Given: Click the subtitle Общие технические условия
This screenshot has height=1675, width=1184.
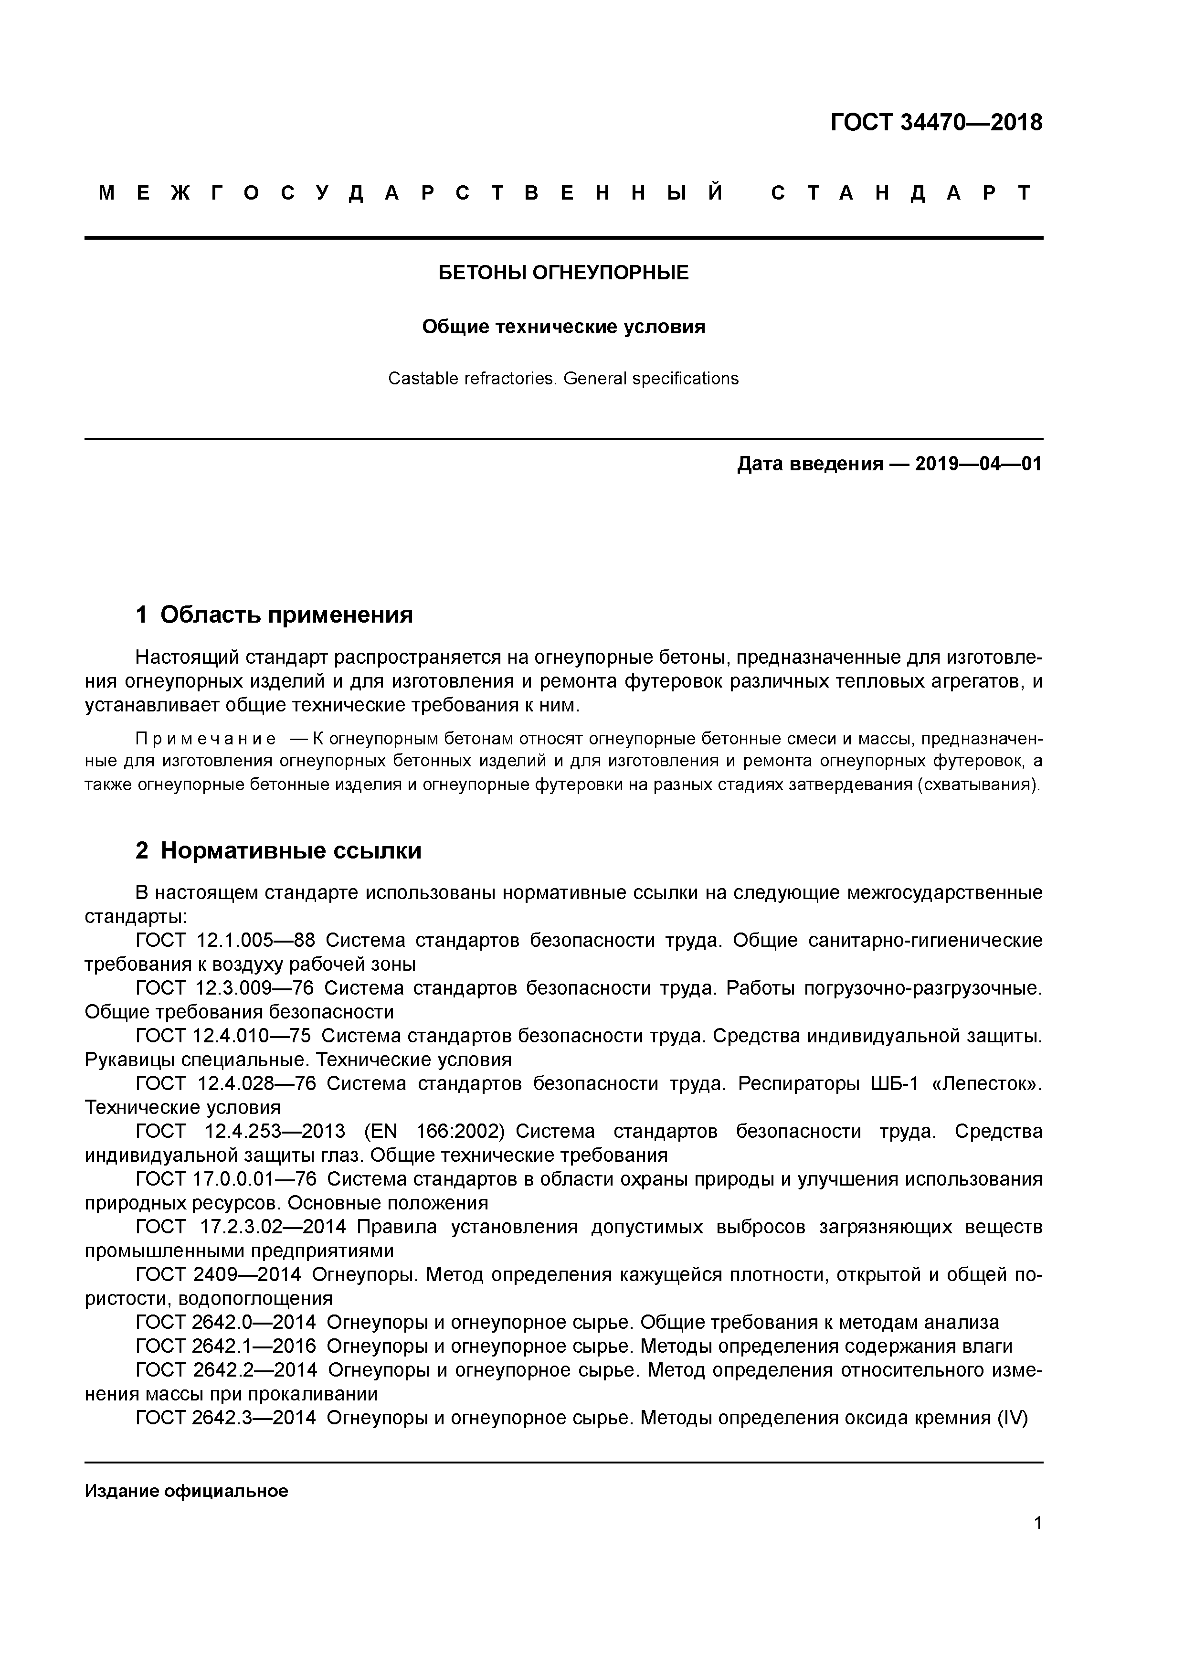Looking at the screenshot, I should [x=563, y=327].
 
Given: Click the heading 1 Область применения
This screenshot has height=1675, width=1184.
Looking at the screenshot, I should [x=275, y=615].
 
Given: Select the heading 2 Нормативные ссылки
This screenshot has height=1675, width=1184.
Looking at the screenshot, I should [x=279, y=851].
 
